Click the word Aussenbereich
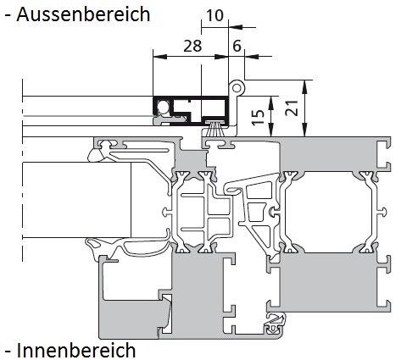[83, 14]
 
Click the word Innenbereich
[76, 350]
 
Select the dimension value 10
[215, 15]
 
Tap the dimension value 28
[192, 46]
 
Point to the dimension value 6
[237, 46]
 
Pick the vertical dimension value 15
[259, 117]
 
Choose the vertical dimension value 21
[292, 108]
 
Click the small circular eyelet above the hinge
[237, 88]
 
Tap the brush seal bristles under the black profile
[216, 130]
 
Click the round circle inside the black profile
[163, 107]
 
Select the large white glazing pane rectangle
[76, 200]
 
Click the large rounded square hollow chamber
[328, 212]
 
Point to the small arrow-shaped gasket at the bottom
[275, 323]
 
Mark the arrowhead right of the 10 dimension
[235, 27]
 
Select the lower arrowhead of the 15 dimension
[271, 130]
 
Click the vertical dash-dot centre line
[22, 170]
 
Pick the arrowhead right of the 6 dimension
[252, 57]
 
